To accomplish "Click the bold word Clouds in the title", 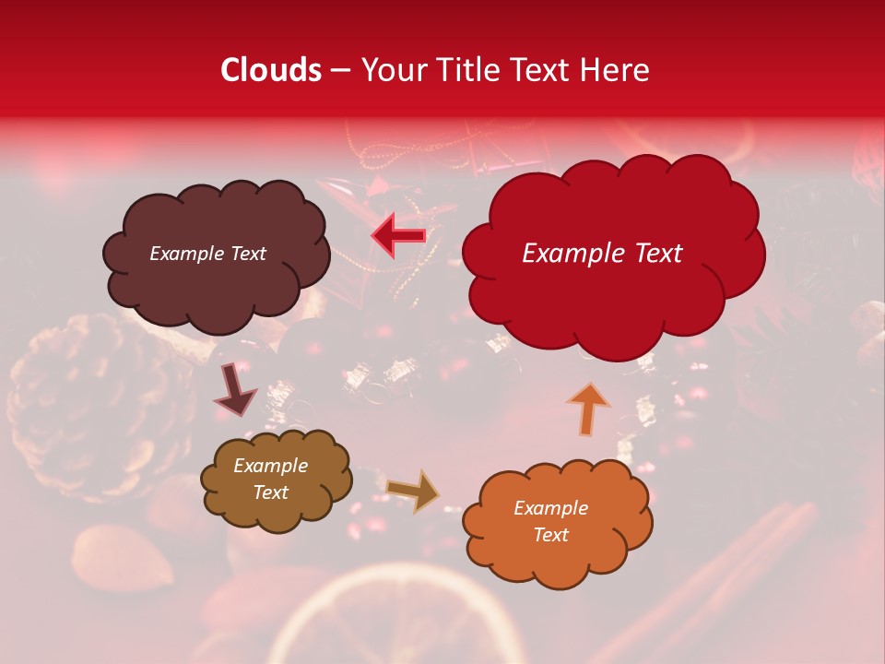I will [x=271, y=70].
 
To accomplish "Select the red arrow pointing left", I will [x=398, y=235].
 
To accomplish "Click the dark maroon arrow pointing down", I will [x=236, y=390].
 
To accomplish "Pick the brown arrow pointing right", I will [x=413, y=490].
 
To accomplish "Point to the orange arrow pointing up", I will [x=589, y=409].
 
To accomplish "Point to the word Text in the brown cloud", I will [x=270, y=492].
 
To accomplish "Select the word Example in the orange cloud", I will [x=550, y=508].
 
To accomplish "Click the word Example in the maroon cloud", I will [x=186, y=254].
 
